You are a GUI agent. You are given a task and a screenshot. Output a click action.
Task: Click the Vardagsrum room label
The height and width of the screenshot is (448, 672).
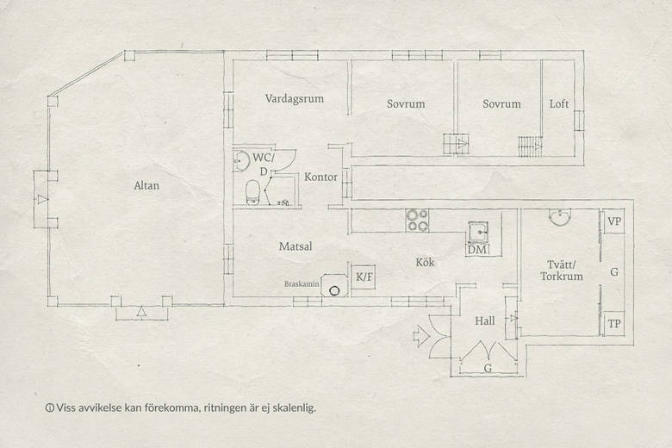coord(294,99)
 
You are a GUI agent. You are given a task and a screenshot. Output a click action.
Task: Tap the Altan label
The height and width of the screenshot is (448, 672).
coord(146,185)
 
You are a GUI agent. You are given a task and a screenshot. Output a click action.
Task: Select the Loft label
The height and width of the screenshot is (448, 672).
coord(559,103)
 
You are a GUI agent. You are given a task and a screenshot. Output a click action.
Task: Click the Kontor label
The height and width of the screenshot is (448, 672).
coord(321,177)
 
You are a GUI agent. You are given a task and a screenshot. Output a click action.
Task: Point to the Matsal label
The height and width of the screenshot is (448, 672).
coord(296,246)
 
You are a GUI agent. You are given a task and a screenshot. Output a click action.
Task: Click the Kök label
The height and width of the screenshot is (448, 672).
coord(425,262)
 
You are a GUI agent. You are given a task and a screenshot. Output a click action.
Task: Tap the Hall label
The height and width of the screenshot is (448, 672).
coord(485,320)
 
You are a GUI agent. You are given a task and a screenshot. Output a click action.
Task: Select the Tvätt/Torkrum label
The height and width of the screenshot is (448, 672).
coord(562,271)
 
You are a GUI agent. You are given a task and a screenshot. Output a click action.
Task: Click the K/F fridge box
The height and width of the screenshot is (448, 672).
coord(364,277)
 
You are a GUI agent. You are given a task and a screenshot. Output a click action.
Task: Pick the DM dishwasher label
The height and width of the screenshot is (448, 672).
coord(477,250)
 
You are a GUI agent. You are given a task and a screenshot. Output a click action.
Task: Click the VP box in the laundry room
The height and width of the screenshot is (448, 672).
coord(613,221)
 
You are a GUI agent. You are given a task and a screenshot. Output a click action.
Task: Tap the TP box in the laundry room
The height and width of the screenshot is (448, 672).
coord(613,324)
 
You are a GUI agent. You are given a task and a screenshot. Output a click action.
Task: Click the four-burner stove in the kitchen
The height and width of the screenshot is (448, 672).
coord(417,221)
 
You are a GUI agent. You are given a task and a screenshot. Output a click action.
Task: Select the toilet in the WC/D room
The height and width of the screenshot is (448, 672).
coord(252,192)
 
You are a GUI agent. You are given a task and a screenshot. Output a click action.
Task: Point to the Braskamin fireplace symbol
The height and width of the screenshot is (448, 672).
coord(334,285)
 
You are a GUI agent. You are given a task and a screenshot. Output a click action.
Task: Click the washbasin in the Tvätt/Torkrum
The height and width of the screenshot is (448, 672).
coord(560,217)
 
